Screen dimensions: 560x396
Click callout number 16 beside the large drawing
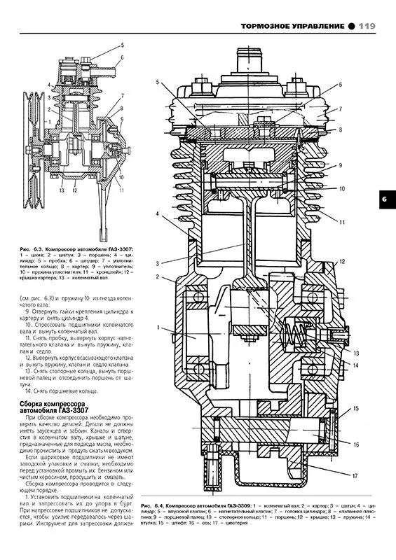(x=356, y=444)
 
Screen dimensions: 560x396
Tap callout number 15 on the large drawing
(x=356, y=408)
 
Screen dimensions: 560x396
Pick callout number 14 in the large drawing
(x=356, y=365)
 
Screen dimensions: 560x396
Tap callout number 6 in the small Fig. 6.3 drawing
(x=121, y=57)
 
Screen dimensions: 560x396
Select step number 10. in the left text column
(x=26, y=326)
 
